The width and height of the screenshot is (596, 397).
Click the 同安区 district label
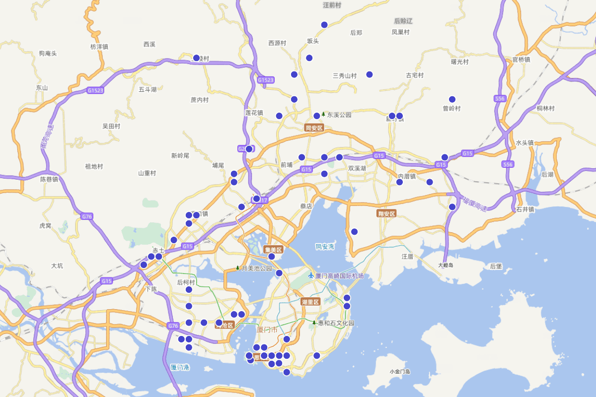pyautogui.click(x=314, y=128)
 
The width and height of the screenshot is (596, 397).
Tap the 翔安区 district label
pyautogui.click(x=386, y=213)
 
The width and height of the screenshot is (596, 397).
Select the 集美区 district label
pyautogui.click(x=273, y=250)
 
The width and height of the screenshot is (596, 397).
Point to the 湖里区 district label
pyautogui.click(x=310, y=302)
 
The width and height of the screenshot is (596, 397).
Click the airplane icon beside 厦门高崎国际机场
pyautogui.click(x=311, y=275)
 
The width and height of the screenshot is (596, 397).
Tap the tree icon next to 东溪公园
pyautogui.click(x=323, y=115)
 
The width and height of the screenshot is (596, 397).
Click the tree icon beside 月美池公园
pyautogui.click(x=237, y=268)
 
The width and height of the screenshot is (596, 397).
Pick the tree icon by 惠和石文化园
pyautogui.click(x=314, y=323)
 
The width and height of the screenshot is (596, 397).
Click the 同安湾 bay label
pyautogui.click(x=325, y=246)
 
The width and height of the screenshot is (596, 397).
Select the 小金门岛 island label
pyautogui.click(x=400, y=371)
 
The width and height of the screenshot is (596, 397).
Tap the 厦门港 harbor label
pyautogui.click(x=180, y=367)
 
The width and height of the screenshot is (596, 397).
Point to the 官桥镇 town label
pyautogui.click(x=521, y=60)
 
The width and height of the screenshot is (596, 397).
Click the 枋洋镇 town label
pyautogui.click(x=99, y=47)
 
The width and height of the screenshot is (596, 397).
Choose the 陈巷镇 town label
pyautogui.click(x=49, y=179)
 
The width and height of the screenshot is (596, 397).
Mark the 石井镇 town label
pyautogui.click(x=524, y=209)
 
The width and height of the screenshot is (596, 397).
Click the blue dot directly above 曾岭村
pyautogui.click(x=452, y=99)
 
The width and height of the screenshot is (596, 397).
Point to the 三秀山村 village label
pyautogui.click(x=345, y=76)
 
